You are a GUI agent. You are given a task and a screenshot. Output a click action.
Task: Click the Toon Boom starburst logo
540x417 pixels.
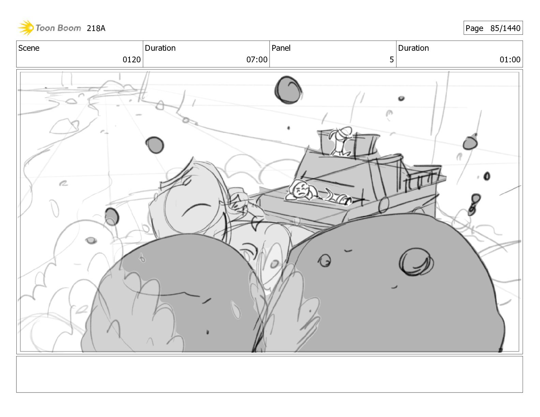click(x=26, y=28)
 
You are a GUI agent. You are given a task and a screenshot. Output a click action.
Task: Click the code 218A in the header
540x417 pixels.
click(x=96, y=28)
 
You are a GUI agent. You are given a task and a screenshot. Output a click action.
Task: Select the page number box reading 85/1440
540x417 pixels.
click(x=493, y=28)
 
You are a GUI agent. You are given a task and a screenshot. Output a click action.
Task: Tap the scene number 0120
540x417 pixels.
click(x=132, y=60)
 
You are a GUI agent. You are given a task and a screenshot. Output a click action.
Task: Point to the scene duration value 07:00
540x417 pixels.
click(x=257, y=60)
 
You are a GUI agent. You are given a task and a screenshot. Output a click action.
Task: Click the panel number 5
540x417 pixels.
click(x=391, y=60)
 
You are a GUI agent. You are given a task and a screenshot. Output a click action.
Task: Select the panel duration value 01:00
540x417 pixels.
click(x=510, y=60)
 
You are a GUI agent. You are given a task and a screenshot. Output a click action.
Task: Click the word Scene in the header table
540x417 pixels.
click(x=29, y=48)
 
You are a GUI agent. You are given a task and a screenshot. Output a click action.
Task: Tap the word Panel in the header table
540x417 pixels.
click(x=281, y=48)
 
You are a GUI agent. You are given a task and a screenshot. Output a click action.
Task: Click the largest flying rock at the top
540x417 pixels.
click(x=288, y=90)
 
